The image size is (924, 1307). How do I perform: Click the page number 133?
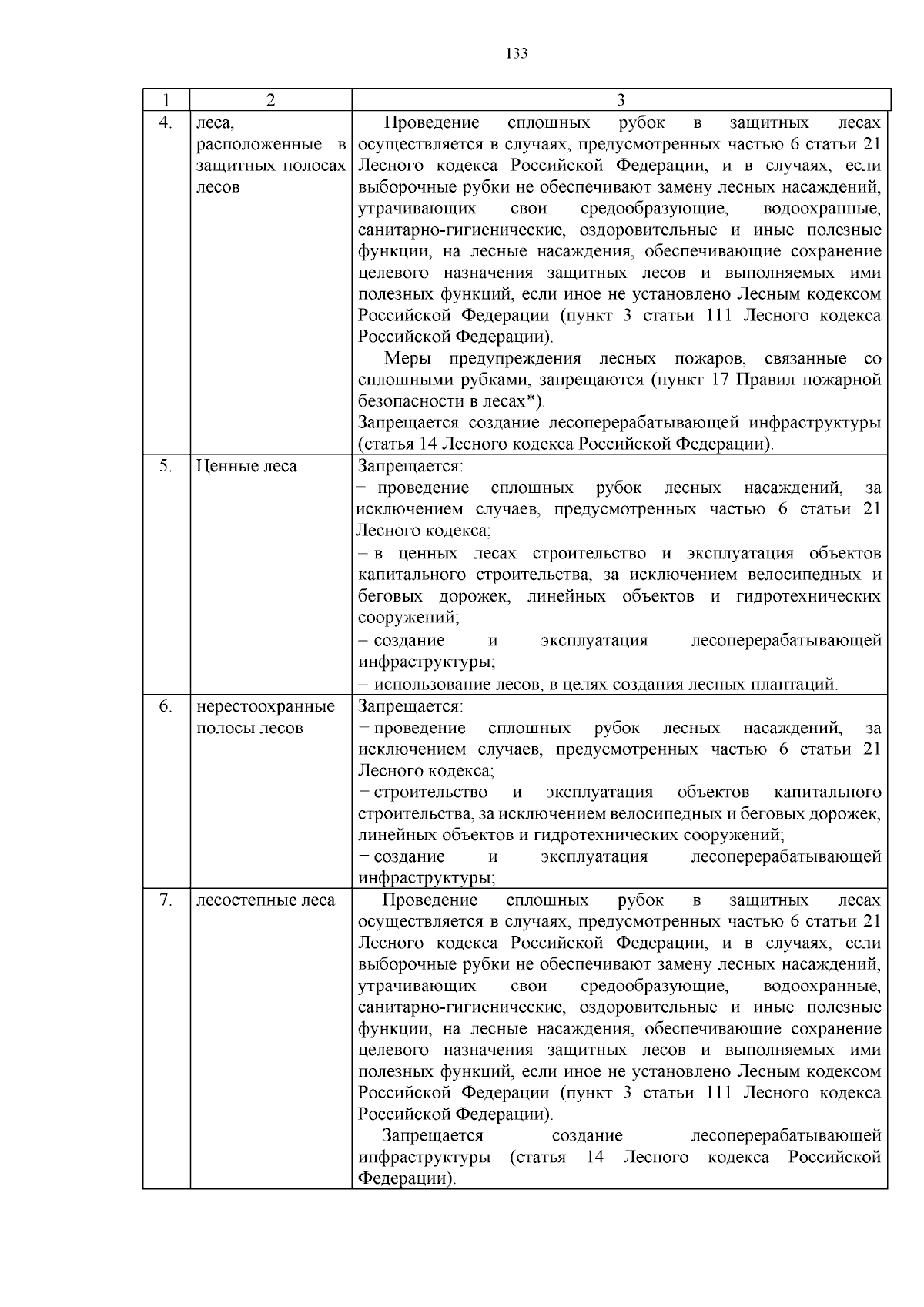517,53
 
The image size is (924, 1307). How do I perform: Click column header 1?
166,99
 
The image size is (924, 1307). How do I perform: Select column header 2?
270,99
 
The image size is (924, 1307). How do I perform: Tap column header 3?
621,99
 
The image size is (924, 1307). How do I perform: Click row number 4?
165,122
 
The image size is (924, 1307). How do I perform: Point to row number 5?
165,466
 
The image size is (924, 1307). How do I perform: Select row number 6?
165,706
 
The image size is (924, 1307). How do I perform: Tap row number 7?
165,900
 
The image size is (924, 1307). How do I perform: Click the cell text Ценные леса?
246,466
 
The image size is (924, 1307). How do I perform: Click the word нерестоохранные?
266,706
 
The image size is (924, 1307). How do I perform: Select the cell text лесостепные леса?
266,900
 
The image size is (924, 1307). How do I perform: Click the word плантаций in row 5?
800,684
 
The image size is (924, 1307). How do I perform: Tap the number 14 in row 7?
594,1158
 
